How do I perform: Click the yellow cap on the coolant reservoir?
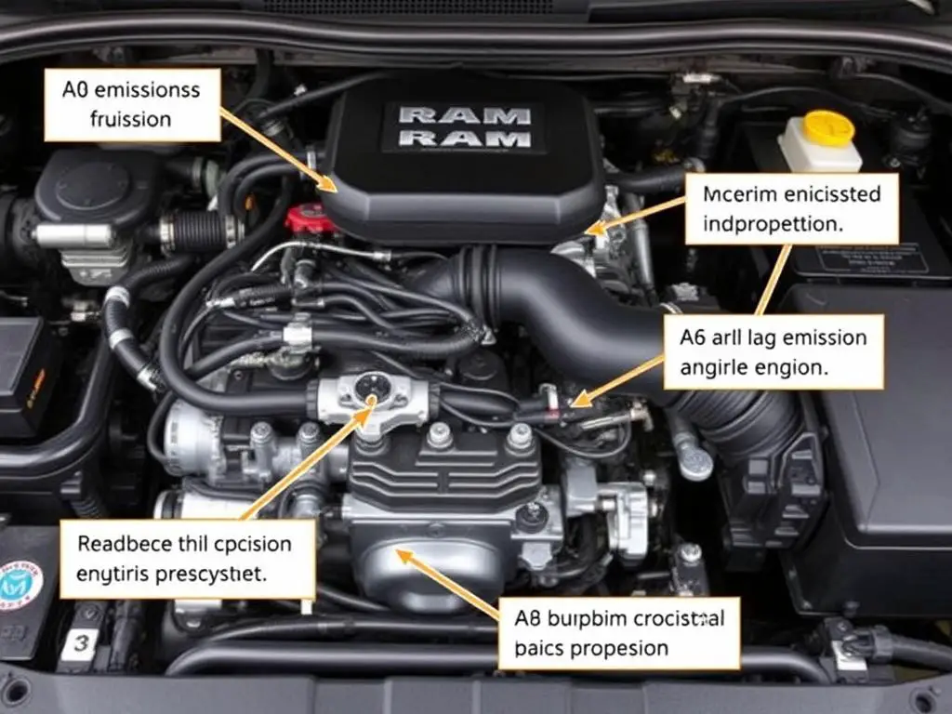pos(829,127)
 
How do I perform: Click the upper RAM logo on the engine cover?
pos(463,116)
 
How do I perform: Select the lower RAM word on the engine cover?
pos(463,139)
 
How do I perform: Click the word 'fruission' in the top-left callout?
pos(131,119)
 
